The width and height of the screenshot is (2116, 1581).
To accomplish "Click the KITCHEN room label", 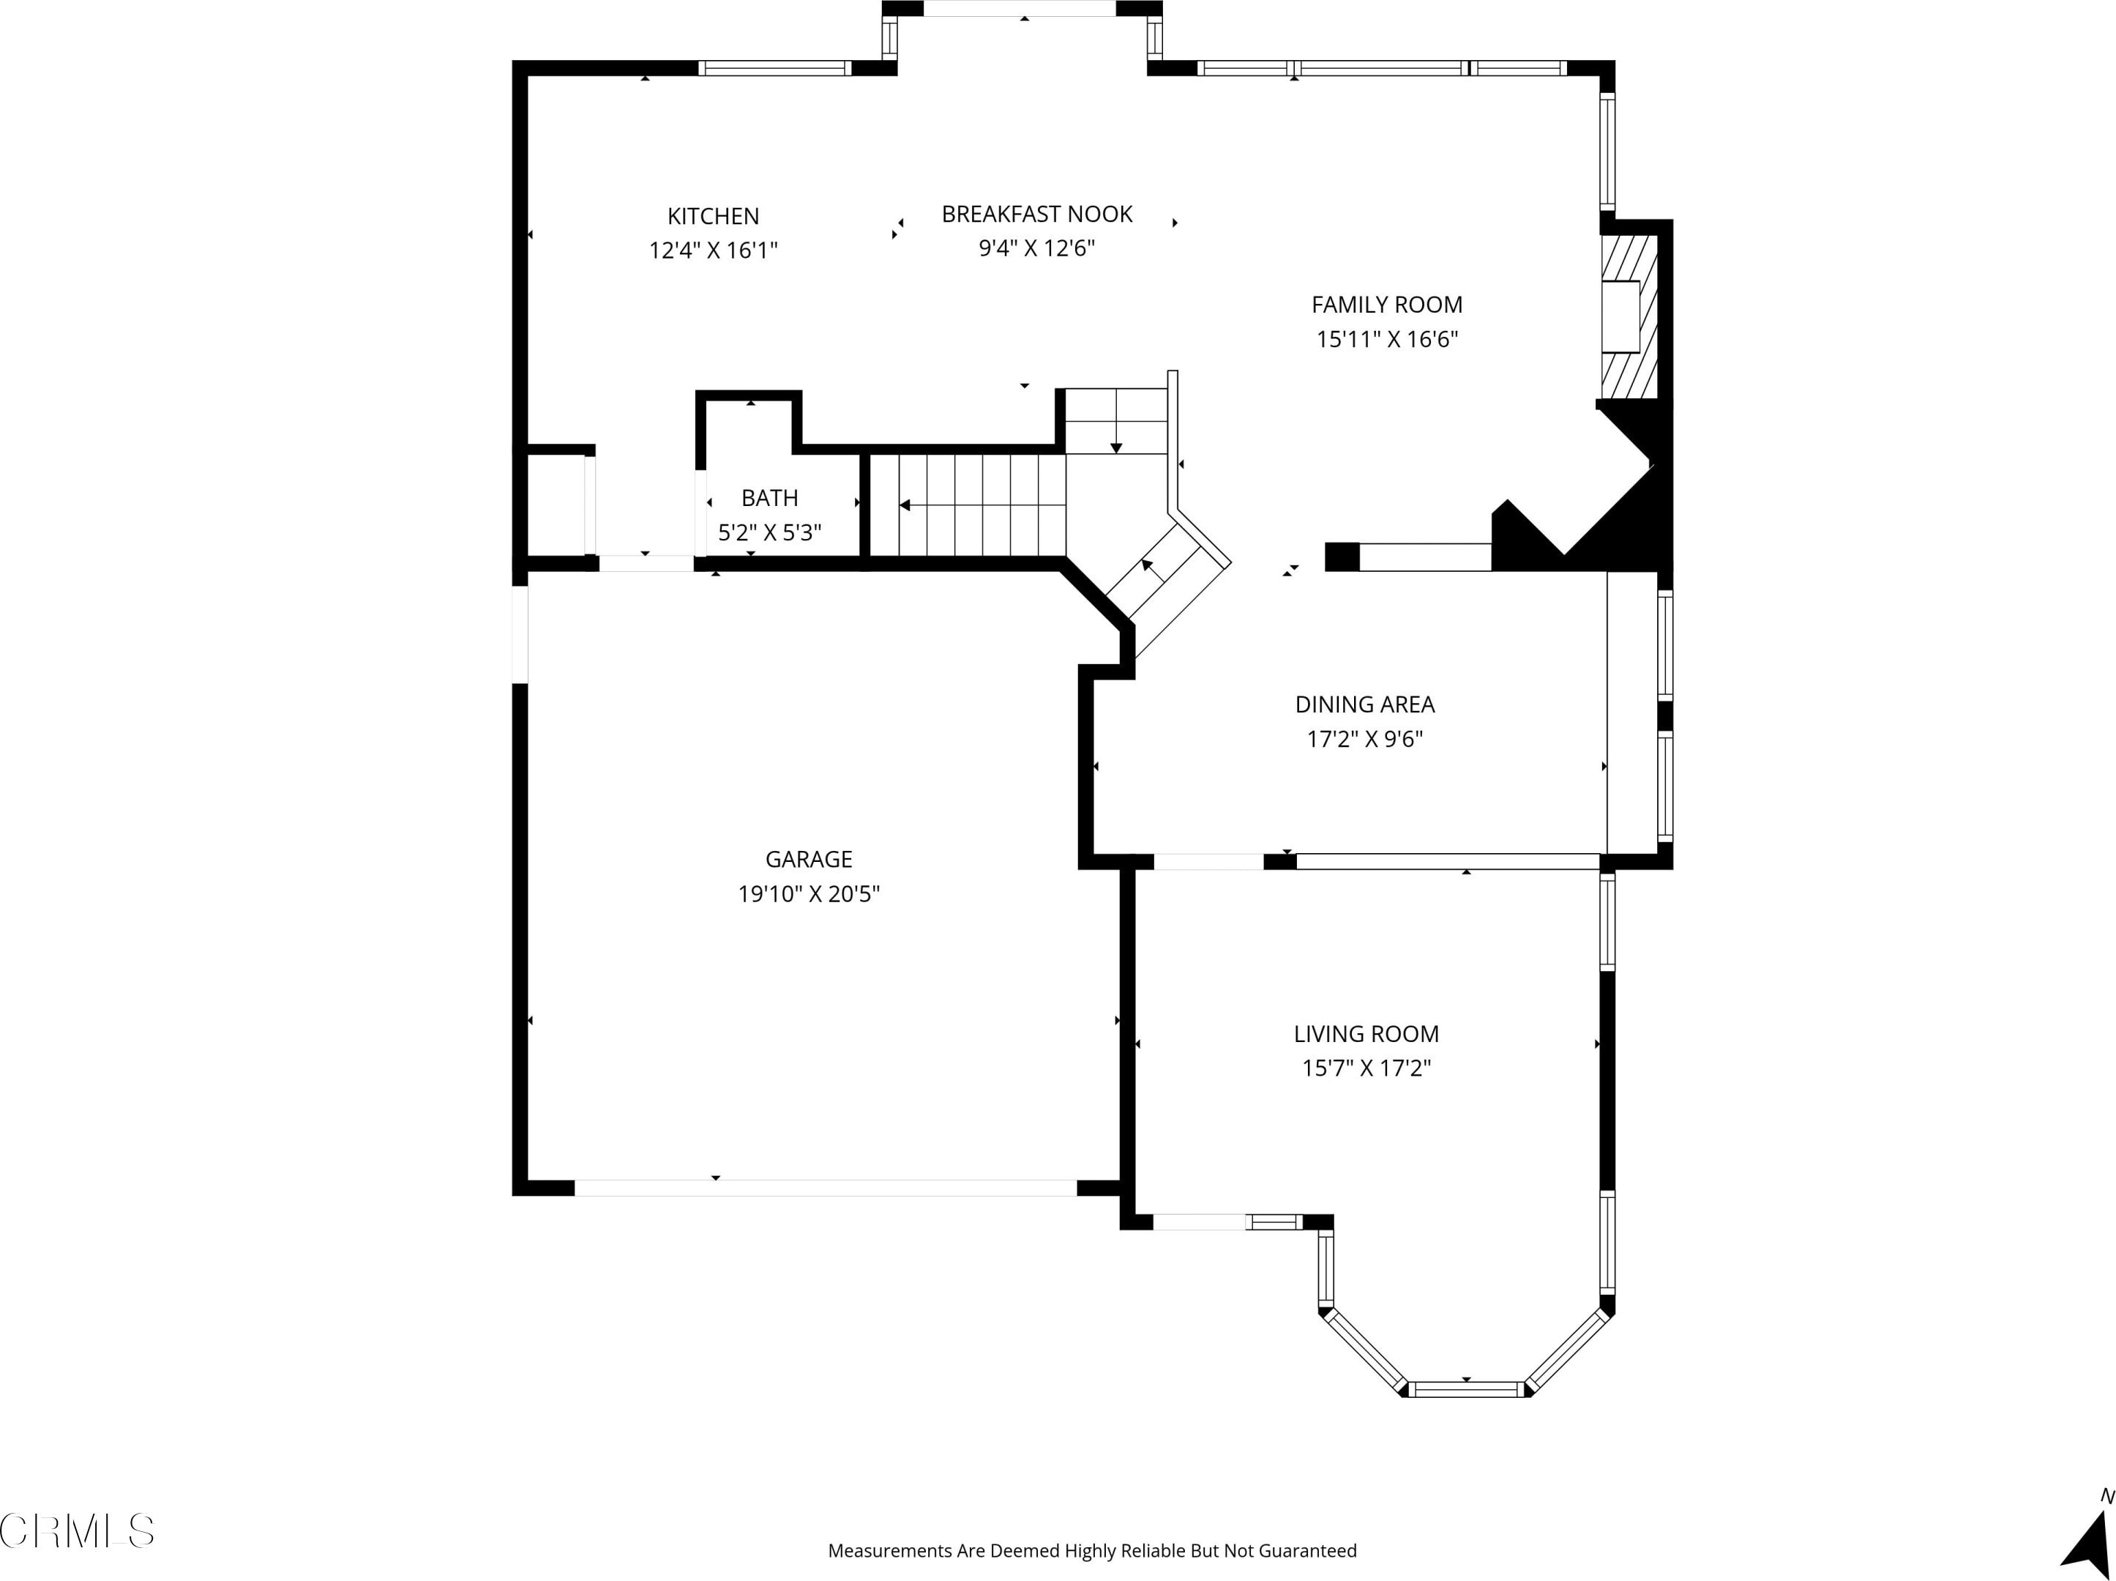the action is coord(714,216).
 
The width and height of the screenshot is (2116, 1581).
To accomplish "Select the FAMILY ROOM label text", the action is coord(1387,305).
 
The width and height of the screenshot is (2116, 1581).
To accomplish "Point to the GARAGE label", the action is coord(808,860).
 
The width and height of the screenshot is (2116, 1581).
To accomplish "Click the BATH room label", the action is coord(770,498).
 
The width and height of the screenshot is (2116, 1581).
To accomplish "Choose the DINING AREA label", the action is coord(1365,704).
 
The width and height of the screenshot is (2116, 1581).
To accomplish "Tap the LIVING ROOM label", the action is coord(1366,1033).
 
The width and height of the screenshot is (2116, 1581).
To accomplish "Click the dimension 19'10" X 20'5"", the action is coord(808,894).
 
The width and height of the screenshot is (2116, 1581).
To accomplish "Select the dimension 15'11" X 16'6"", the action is coord(1387,339).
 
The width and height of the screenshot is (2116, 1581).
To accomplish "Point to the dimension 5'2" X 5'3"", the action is coord(770,532).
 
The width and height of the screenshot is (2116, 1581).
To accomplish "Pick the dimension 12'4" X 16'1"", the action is coord(714,250).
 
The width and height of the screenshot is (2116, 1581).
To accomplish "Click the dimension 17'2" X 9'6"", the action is coord(1365,739).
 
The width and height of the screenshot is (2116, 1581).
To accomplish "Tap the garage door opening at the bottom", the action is coord(826,1188).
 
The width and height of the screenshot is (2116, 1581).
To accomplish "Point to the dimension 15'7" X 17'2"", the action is coord(1366,1068).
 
